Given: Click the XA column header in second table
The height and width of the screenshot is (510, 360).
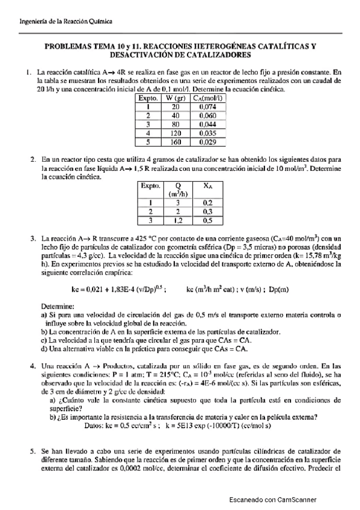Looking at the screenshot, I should (207, 186).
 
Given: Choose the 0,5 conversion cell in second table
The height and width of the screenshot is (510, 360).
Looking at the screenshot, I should (207, 221).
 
